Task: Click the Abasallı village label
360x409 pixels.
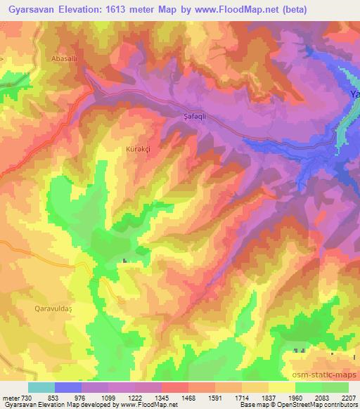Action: pyautogui.click(x=63, y=59)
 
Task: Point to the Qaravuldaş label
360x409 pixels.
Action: pyautogui.click(x=53, y=307)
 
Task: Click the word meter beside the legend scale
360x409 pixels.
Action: pyautogui.click(x=10, y=397)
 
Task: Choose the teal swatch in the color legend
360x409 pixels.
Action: pyautogui.click(x=41, y=387)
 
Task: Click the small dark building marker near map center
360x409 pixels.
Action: pyautogui.click(x=126, y=262)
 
